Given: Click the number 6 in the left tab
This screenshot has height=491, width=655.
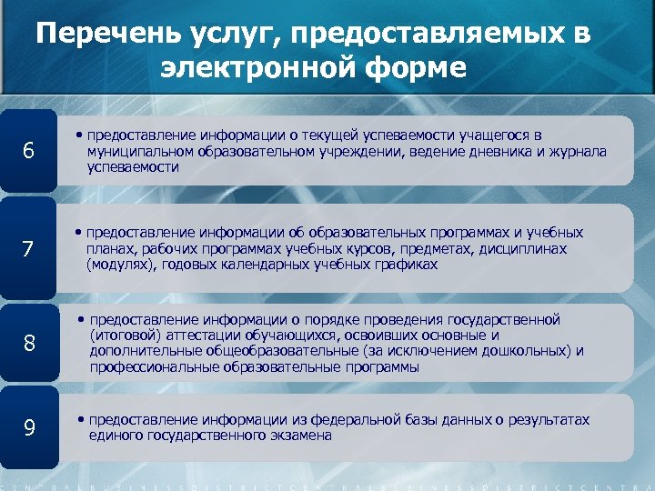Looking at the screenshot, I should [28, 152].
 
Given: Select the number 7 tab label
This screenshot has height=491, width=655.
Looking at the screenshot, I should [28, 249].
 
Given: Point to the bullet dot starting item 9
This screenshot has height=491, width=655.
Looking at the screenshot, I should [82, 421].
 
